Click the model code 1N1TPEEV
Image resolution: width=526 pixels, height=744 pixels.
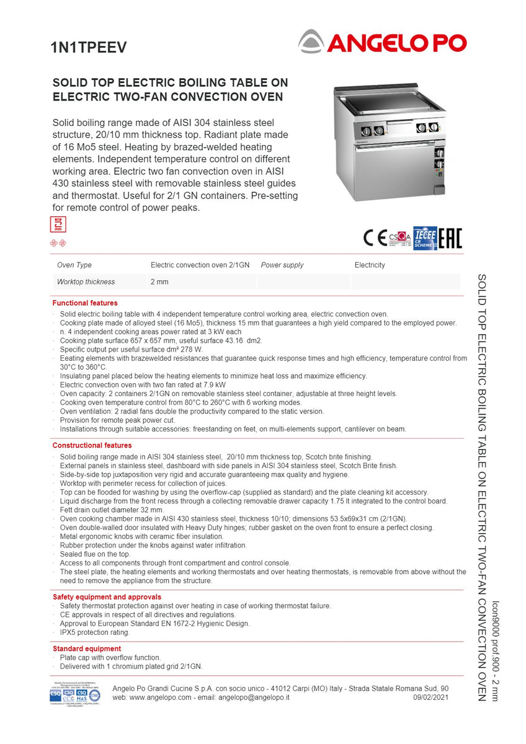point(88,48)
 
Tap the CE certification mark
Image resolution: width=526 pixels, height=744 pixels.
point(375,238)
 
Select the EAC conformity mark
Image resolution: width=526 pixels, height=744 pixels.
point(450,238)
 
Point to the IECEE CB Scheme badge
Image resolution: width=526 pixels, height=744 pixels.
point(425,238)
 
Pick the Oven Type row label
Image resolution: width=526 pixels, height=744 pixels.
point(74,265)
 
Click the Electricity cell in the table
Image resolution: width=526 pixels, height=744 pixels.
point(370,265)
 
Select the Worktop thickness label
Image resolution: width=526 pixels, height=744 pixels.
point(86,282)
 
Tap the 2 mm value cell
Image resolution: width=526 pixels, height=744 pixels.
point(159,282)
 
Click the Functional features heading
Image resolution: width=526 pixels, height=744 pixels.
point(85,303)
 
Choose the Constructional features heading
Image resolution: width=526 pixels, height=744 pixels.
point(92,445)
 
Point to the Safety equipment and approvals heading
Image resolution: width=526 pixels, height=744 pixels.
point(107,597)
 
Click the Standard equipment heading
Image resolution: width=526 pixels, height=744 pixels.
point(87,649)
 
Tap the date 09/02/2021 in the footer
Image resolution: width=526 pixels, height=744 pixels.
point(430,697)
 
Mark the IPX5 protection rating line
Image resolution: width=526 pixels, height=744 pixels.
point(95,632)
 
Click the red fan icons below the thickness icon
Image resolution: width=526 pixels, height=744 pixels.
point(58,243)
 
